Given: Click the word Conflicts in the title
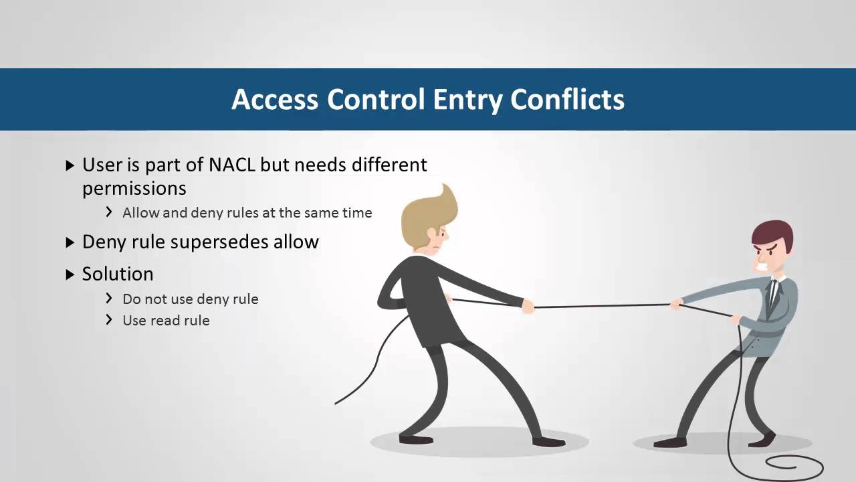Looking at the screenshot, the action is point(567,100).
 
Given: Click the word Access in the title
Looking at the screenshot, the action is point(275,100).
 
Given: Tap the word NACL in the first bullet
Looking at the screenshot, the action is point(232,165).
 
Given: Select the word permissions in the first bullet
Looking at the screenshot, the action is point(134,189).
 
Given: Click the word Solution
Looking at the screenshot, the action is point(118,274).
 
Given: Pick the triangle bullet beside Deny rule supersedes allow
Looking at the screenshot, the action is point(70,242).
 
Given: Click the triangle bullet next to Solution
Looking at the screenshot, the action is point(70,274).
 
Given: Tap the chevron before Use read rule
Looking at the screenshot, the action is point(109,320).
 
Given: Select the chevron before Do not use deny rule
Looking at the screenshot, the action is point(109,299).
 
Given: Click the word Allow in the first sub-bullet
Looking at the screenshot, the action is point(141,213).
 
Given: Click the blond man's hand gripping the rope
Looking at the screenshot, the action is point(528,307).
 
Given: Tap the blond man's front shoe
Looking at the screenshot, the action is point(549,442).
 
